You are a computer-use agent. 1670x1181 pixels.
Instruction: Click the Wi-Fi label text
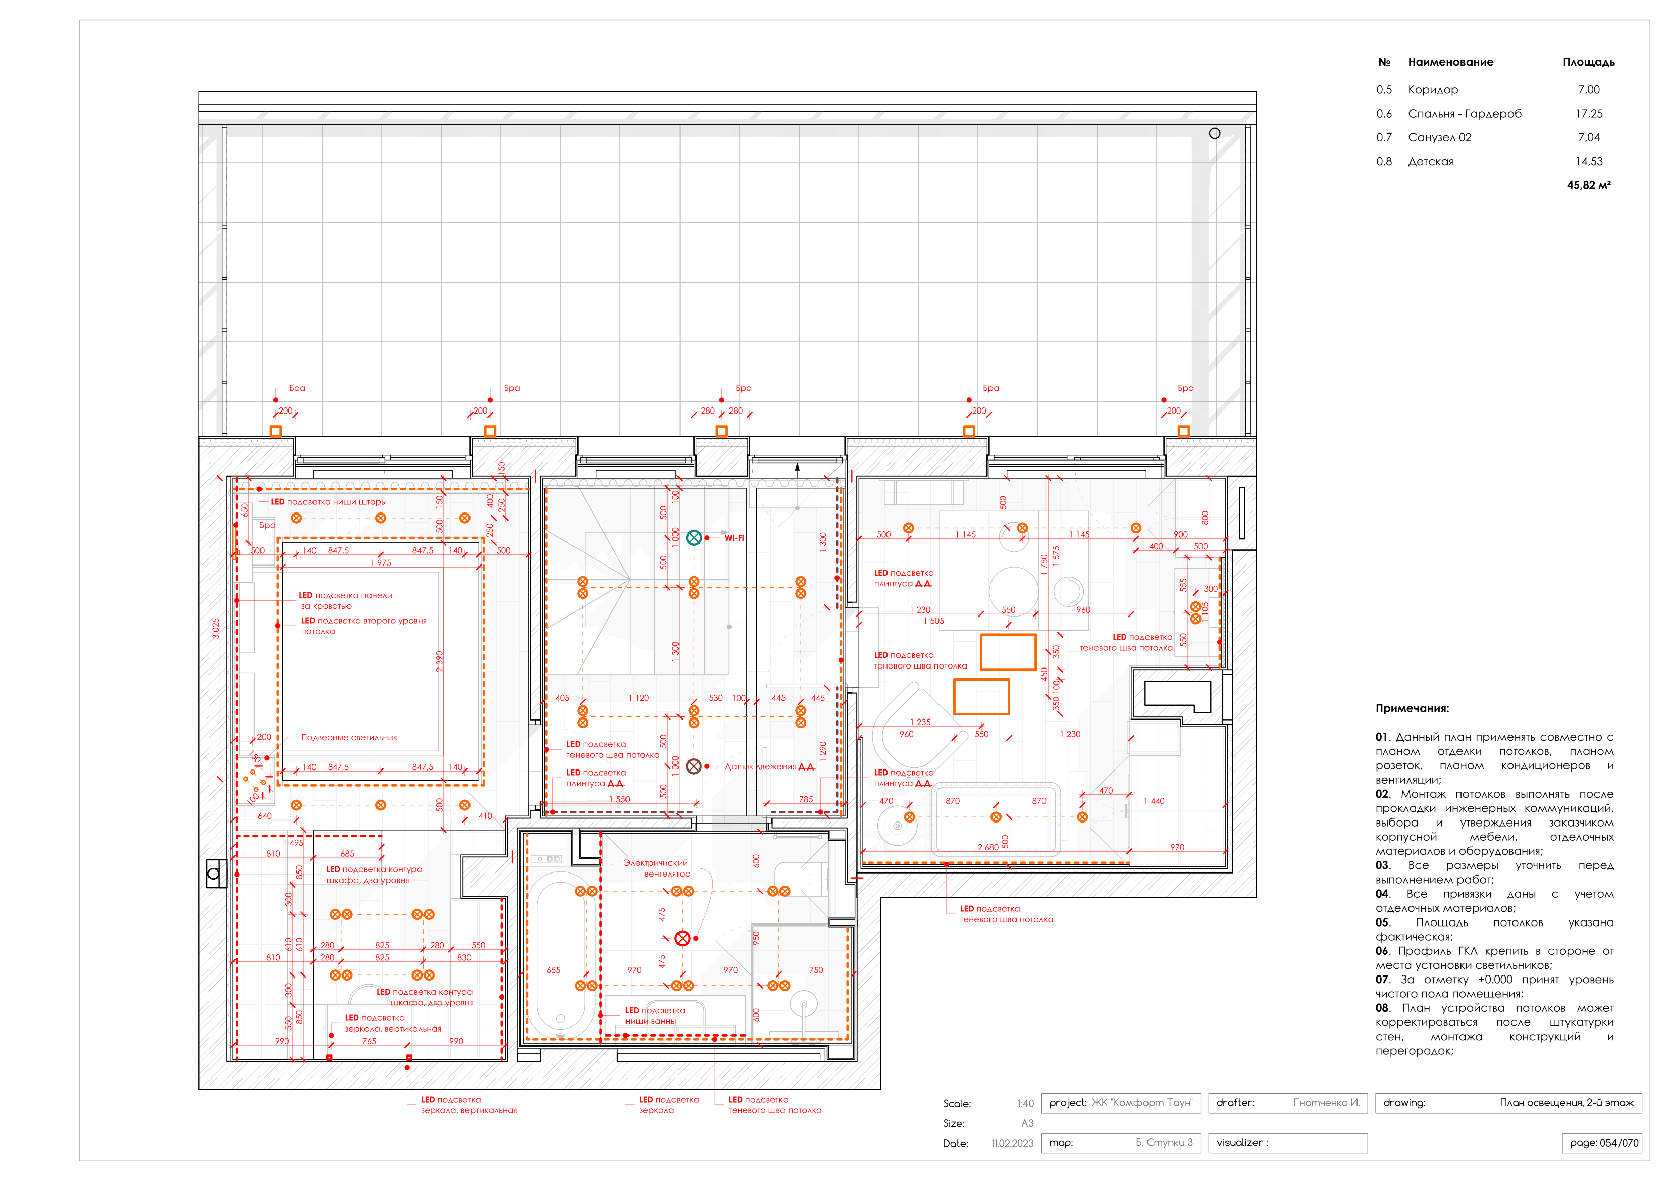click(734, 538)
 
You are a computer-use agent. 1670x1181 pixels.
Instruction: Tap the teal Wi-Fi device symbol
click(694, 538)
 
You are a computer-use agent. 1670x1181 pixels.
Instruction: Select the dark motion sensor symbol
click(694, 766)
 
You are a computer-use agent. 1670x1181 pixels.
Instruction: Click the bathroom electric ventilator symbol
click(682, 938)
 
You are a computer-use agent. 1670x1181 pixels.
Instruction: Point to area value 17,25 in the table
click(1589, 114)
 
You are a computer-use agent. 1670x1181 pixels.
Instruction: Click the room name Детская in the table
click(1430, 162)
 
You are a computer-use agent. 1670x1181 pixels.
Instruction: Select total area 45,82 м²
click(1589, 185)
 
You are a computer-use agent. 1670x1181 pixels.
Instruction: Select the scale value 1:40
click(1025, 1103)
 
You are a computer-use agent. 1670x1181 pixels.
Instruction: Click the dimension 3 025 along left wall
click(215, 628)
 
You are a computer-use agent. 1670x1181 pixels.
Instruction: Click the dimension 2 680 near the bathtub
click(988, 847)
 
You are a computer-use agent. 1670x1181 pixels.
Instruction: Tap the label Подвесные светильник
click(349, 737)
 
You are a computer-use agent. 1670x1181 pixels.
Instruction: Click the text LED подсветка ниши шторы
click(329, 502)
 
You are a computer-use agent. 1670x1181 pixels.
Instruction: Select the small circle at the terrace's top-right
click(1214, 133)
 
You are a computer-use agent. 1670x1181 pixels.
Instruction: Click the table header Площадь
click(1589, 62)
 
